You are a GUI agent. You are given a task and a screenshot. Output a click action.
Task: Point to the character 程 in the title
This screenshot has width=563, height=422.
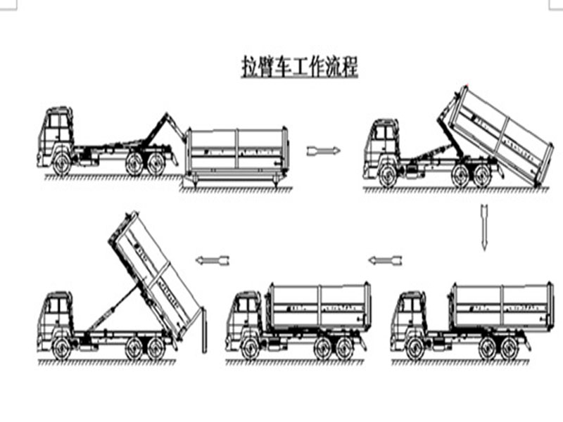coord(350,67)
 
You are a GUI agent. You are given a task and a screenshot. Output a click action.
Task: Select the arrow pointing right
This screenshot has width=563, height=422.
coord(324,151)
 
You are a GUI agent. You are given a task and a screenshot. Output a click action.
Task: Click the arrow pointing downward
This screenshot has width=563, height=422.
coord(484,226)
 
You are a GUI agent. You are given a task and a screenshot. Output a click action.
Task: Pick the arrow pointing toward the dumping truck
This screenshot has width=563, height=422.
coord(214,260)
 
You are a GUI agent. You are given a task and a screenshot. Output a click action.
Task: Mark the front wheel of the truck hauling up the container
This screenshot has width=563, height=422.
coord(388,175)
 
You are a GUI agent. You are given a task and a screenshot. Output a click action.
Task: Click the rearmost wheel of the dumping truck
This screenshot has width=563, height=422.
coord(156,347)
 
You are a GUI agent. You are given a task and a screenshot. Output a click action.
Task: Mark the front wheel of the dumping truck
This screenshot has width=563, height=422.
coord(62,347)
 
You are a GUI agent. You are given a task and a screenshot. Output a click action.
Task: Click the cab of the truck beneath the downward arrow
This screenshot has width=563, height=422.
coord(408,316)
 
